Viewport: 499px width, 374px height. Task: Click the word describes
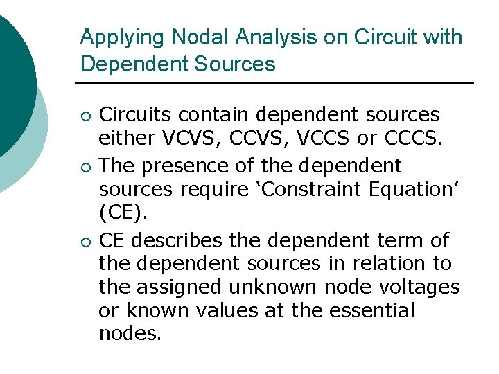point(179,241)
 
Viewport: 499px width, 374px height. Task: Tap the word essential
point(373,310)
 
